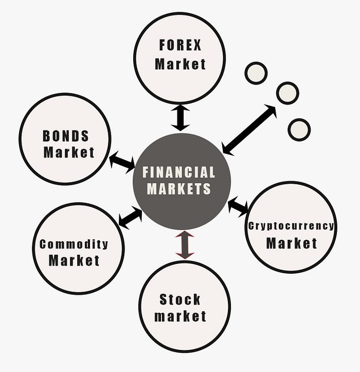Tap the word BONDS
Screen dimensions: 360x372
[66, 136]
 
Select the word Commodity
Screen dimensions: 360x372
[74, 244]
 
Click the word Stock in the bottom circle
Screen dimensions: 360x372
[180, 299]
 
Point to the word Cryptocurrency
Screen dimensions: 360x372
[291, 226]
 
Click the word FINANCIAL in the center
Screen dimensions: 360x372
[178, 172]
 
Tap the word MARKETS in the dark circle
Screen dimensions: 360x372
[179, 189]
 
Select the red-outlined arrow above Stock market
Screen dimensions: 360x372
[185, 244]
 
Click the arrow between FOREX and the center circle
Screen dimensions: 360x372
[181, 118]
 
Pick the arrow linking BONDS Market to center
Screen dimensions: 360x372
[122, 162]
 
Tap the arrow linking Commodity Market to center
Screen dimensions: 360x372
[130, 217]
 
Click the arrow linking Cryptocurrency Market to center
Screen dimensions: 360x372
[238, 206]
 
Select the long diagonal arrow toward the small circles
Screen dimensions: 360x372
[249, 130]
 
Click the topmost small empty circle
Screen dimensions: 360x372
[256, 73]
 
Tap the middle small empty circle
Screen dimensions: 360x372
[287, 93]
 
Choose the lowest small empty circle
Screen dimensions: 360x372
[299, 129]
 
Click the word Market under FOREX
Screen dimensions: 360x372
[180, 64]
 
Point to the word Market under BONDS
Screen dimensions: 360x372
[69, 152]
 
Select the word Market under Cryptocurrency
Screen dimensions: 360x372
[292, 243]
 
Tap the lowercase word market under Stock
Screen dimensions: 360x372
[180, 316]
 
